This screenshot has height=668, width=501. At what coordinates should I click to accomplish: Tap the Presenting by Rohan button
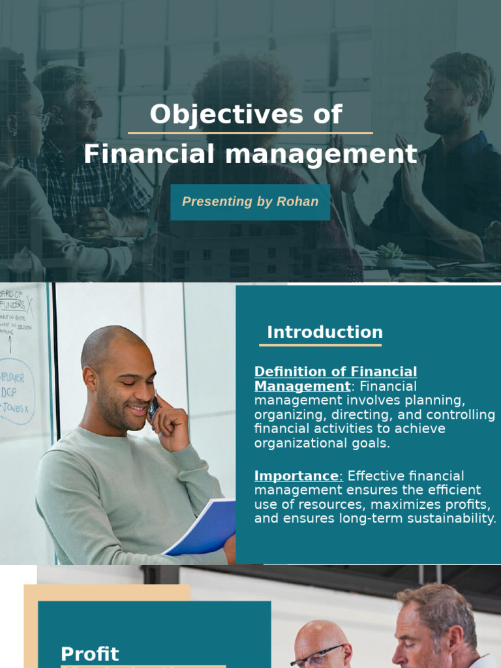[250, 202]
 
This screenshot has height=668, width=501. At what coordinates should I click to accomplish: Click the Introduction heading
[324, 332]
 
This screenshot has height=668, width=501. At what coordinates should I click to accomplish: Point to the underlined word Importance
[297, 476]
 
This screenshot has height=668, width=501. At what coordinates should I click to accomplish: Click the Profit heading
[90, 654]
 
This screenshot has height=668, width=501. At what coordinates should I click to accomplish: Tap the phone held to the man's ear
[153, 408]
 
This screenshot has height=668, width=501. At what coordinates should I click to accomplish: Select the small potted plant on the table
[390, 254]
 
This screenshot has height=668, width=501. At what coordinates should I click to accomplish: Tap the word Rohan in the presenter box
[297, 202]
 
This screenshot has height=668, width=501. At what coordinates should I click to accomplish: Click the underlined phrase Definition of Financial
[335, 372]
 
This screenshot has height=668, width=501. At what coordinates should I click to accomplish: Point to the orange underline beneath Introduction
[320, 345]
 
